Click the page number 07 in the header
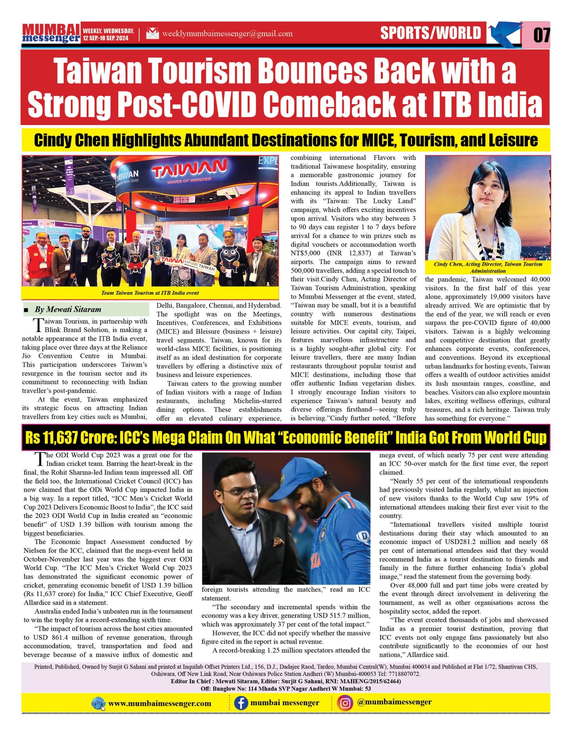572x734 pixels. [x=541, y=35]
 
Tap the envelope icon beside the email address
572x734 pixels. [x=152, y=34]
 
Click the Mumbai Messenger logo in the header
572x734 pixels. [x=51, y=34]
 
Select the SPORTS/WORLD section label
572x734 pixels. [x=431, y=33]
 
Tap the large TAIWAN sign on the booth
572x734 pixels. [x=190, y=168]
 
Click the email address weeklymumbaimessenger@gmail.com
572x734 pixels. [x=227, y=34]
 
